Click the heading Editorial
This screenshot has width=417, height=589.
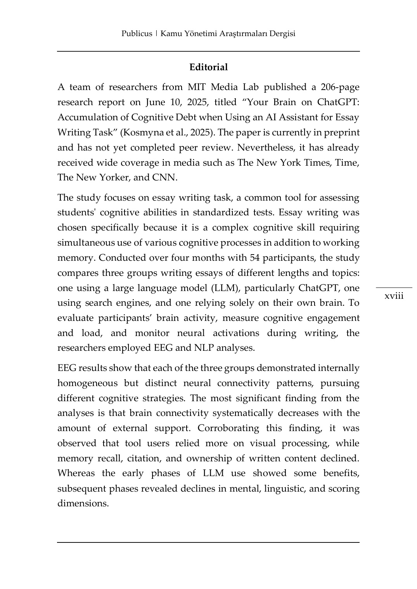coord(208,67)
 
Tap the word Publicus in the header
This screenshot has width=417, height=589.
coord(137,33)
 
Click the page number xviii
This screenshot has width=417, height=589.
coord(394,296)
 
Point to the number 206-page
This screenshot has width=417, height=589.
coord(340,87)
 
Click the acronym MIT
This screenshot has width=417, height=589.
coord(197,87)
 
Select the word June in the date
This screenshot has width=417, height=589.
coord(155,102)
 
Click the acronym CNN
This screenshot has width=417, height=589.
coord(164,178)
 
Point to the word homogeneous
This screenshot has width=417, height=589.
coord(88,383)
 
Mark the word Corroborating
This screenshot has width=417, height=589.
coord(228,428)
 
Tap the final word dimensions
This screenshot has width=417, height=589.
coord(83,504)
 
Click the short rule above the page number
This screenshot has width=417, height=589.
coord(394,288)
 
